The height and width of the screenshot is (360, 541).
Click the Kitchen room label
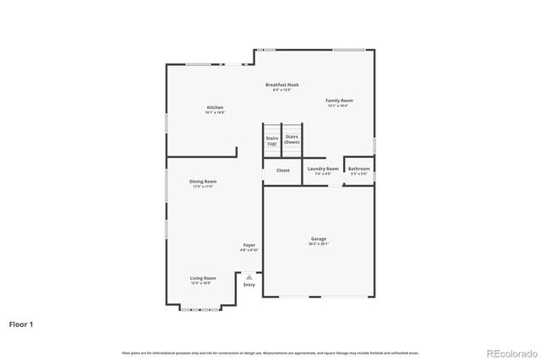tap(215, 107)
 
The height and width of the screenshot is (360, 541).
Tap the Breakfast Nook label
tap(281, 85)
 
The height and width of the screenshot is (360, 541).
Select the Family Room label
tap(339, 101)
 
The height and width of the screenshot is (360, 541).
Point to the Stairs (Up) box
tap(272, 140)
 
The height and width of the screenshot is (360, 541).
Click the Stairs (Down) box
tap(292, 139)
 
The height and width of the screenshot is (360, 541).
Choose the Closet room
tap(282, 170)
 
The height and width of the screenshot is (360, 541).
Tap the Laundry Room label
tap(323, 169)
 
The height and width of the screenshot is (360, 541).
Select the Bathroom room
tap(358, 169)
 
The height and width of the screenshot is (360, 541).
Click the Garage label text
tap(318, 238)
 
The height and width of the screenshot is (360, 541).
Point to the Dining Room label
tap(203, 182)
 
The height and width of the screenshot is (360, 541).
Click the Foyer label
tap(249, 245)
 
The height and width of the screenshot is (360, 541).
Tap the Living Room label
tap(202, 278)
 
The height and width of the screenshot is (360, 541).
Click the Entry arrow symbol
tap(249, 276)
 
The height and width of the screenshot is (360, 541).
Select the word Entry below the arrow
tap(249, 285)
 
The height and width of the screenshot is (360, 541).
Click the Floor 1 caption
tap(21, 324)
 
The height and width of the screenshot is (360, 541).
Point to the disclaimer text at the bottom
tap(270, 352)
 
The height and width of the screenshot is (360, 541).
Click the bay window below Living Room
tap(202, 308)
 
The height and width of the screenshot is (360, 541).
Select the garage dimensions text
tap(318, 244)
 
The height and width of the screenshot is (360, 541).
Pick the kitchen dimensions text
tap(215, 112)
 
